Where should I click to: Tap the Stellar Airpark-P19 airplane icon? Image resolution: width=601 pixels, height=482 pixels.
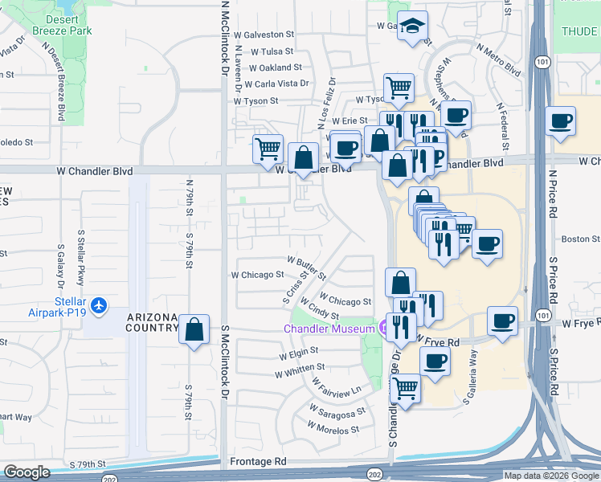pos(99,305)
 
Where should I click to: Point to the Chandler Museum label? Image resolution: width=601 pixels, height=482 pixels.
pos(329,329)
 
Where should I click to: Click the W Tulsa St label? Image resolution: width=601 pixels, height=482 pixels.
pos(272,51)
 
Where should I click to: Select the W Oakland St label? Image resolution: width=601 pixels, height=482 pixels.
pos(275,67)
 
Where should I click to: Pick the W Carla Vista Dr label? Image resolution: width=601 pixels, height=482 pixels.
pos(277,84)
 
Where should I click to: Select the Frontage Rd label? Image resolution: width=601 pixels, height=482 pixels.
pos(258,462)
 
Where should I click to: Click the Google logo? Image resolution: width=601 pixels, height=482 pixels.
pos(27,472)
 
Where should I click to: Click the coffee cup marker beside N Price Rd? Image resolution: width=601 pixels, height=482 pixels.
pos(561,122)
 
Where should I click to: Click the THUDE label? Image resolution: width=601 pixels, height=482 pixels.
pos(579,31)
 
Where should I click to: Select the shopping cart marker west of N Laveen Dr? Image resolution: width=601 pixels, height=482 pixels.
pos(268,147)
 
